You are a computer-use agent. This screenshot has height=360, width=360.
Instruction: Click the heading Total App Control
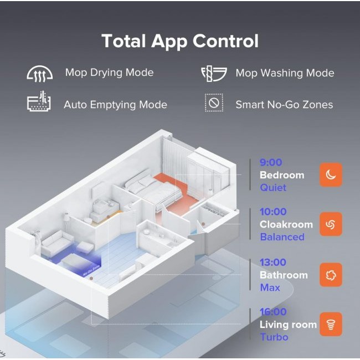tap(180, 42)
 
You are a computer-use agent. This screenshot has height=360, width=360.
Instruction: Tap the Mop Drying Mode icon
tap(40, 74)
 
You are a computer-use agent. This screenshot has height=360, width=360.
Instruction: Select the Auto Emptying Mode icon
tap(39, 101)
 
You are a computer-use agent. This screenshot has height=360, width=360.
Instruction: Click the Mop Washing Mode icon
tap(214, 74)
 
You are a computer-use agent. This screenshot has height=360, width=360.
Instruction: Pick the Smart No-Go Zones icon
tap(214, 102)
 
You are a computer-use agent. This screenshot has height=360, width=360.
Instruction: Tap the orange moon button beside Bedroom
tap(331, 174)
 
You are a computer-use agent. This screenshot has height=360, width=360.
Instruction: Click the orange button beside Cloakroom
tap(331, 224)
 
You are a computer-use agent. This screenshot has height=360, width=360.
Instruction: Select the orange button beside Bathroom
tap(331, 275)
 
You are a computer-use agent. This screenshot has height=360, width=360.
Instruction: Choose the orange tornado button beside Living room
tap(331, 324)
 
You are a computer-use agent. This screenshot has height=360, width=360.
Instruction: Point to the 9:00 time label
tap(271, 162)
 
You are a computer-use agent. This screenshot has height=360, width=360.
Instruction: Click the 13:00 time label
tap(273, 262)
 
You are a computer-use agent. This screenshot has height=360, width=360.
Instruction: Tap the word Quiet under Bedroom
tap(273, 188)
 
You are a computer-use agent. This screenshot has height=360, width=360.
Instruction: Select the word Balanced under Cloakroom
tap(282, 237)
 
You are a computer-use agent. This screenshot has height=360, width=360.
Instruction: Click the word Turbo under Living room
tap(274, 337)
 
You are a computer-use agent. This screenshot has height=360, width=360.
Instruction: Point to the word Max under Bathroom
tap(270, 287)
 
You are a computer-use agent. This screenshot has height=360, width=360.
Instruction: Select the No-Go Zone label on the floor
tap(92, 271)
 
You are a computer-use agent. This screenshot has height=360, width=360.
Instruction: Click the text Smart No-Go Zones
tap(284, 105)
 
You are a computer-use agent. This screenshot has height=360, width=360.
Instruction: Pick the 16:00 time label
tap(273, 312)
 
